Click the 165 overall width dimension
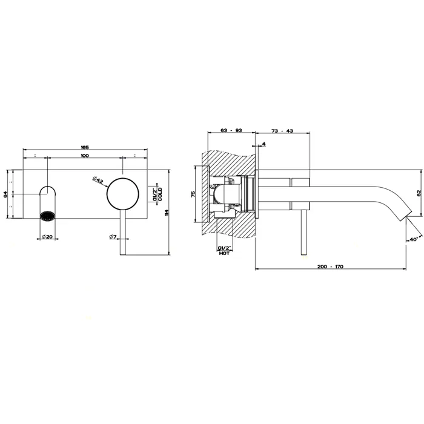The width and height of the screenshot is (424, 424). pyautogui.click(x=85, y=147)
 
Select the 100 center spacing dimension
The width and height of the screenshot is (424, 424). pyautogui.click(x=84, y=156)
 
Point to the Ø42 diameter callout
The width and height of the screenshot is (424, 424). pyautogui.click(x=98, y=179)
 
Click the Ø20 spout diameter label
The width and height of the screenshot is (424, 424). pyautogui.click(x=47, y=236)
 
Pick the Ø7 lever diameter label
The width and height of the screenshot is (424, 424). pyautogui.click(x=113, y=236)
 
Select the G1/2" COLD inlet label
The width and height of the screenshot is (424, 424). pyautogui.click(x=156, y=193)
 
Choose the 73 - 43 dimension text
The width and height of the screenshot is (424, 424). pyautogui.click(x=282, y=130)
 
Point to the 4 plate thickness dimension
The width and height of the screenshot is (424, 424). pyautogui.click(x=264, y=144)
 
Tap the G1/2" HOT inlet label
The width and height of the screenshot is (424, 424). pyautogui.click(x=224, y=251)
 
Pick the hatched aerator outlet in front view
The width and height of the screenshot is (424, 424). pyautogui.click(x=47, y=215)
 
